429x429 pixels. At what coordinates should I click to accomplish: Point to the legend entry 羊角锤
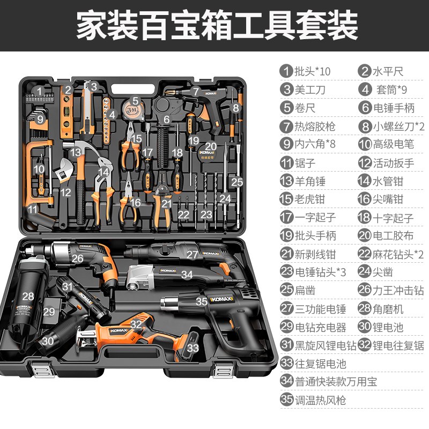tap(307, 181)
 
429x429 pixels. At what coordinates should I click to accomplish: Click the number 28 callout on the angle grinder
tap(28, 296)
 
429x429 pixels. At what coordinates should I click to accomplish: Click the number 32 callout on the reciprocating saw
tap(136, 324)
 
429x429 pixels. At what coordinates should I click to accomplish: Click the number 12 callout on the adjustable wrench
tap(65, 191)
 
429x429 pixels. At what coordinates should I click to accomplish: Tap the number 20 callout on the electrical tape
tap(210, 146)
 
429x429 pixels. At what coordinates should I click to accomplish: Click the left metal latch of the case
tap(39, 372)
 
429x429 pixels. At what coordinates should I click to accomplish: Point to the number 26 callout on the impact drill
tap(78, 258)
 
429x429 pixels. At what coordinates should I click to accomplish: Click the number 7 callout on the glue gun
tap(196, 92)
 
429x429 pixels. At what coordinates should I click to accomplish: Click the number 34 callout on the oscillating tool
tap(187, 275)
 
